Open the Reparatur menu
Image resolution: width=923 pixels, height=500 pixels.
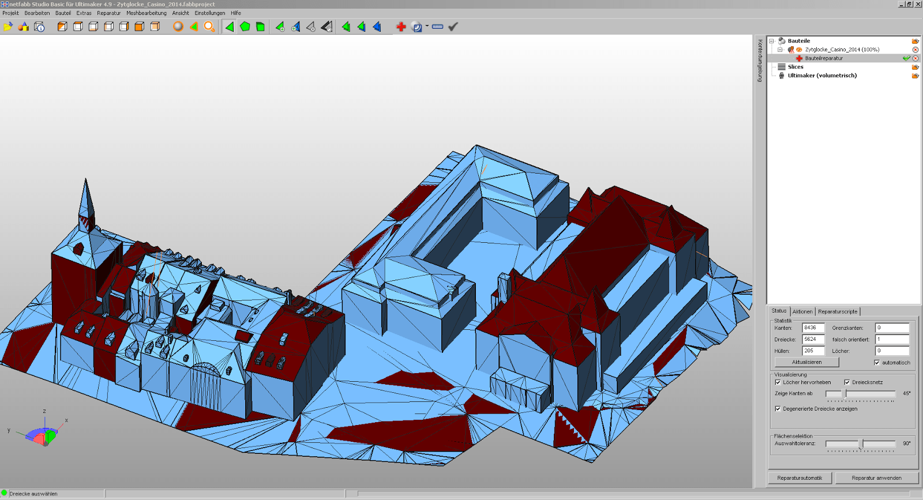click(109, 13)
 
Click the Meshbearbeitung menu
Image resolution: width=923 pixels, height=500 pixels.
click(147, 13)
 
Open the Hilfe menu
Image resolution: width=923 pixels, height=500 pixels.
click(236, 13)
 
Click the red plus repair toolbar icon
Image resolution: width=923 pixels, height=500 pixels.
click(401, 27)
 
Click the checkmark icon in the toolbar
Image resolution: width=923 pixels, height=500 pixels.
click(453, 27)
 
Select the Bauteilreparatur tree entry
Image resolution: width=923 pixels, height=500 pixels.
click(824, 58)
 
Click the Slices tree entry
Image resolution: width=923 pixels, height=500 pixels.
click(796, 67)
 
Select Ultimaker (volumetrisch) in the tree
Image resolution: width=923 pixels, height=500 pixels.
click(822, 76)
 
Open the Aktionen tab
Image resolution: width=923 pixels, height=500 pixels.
click(802, 312)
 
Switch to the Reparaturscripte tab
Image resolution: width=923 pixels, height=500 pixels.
click(837, 312)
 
